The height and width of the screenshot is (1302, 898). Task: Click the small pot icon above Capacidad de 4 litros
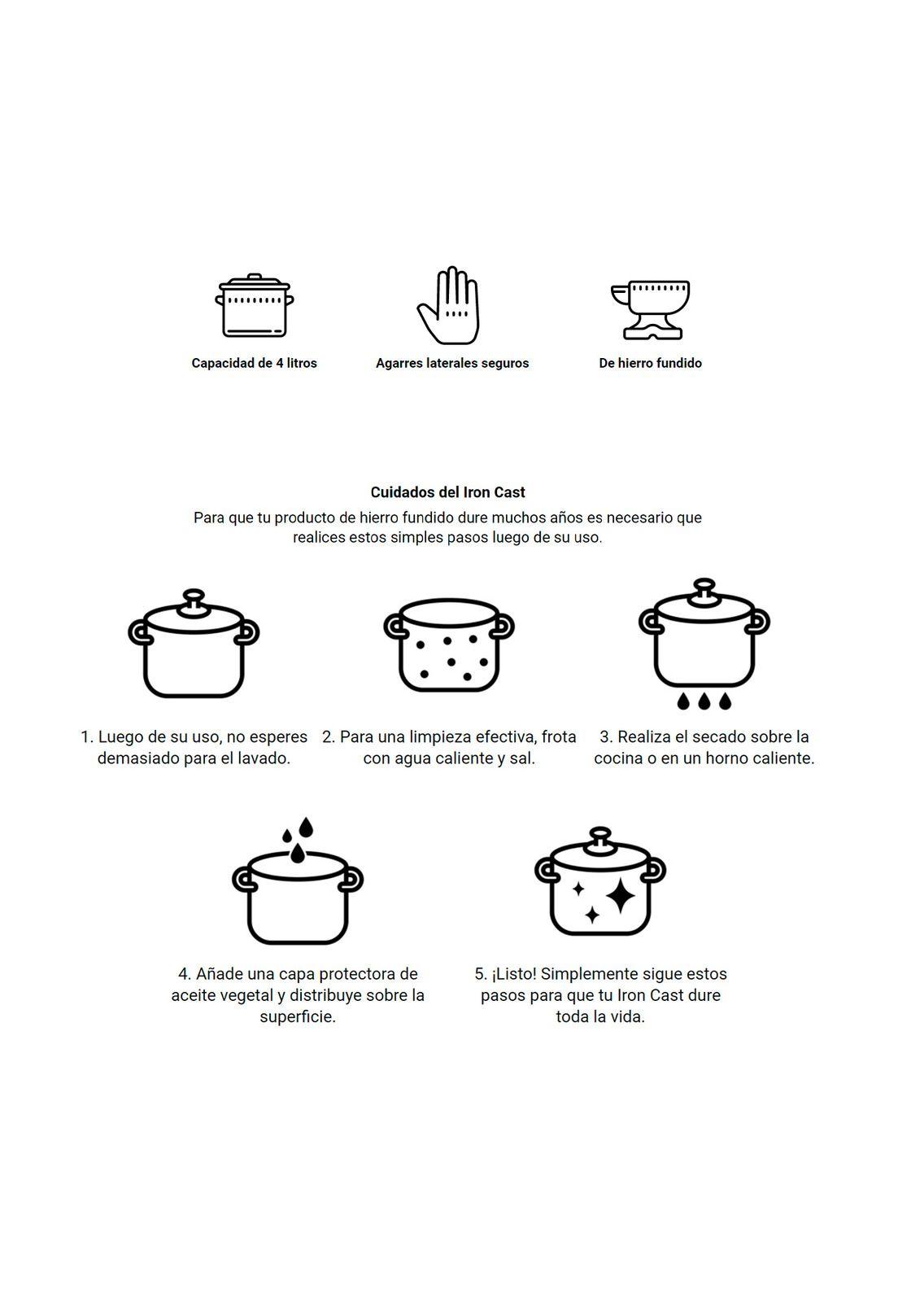click(254, 305)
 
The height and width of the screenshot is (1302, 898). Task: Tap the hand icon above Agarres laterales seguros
click(449, 305)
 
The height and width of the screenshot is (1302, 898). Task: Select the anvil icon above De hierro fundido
click(650, 310)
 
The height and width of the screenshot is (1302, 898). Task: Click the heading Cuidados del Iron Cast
click(447, 492)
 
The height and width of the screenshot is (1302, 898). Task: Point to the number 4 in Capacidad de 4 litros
click(280, 363)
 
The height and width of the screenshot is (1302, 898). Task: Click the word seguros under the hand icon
click(505, 364)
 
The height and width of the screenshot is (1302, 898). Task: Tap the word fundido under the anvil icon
click(678, 363)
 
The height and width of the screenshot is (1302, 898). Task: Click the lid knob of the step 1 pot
click(194, 601)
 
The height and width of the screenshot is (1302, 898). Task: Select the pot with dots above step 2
click(448, 645)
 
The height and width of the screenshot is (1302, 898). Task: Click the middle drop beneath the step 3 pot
click(704, 701)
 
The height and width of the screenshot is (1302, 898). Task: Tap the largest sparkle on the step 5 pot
click(621, 896)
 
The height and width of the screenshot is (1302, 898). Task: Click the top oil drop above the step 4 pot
click(306, 827)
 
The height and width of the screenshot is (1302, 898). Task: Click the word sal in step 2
click(521, 758)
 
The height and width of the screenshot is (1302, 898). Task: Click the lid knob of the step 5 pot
click(600, 840)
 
